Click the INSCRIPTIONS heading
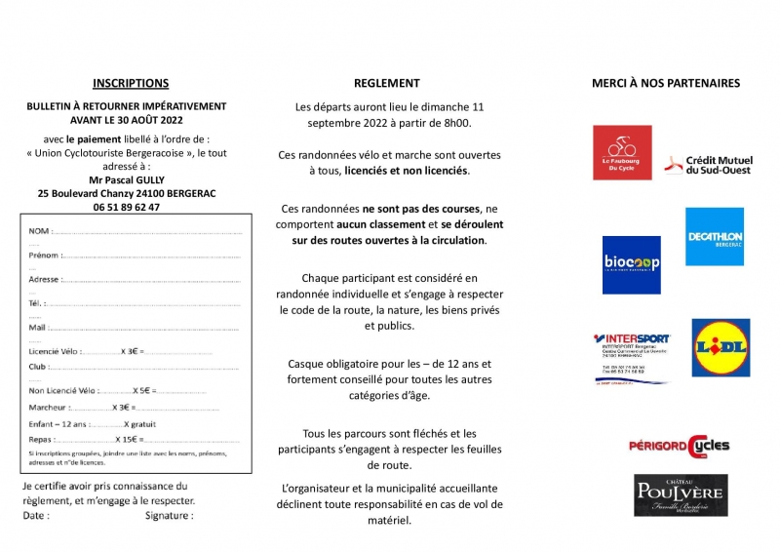(131, 84)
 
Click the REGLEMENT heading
(387, 84)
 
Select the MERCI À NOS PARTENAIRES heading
(666, 84)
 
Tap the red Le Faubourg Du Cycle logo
(622, 152)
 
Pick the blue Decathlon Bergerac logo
(715, 236)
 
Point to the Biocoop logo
(631, 264)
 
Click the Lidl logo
(721, 347)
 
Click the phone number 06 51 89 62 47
(127, 208)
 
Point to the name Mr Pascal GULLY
(127, 180)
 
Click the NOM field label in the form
(39, 231)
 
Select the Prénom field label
(45, 256)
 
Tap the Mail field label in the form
(38, 328)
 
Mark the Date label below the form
(35, 515)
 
